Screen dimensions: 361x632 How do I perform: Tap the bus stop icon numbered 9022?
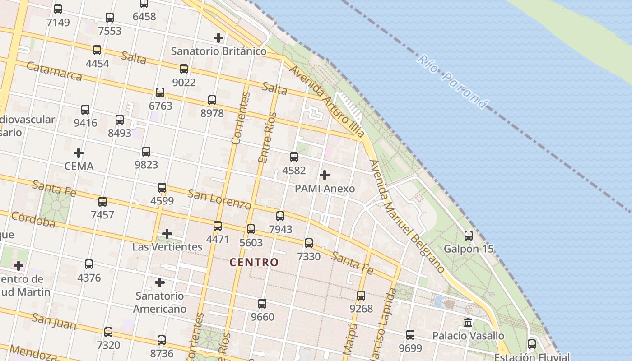[184, 69]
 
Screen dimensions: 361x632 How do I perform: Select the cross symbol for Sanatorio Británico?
[218, 38]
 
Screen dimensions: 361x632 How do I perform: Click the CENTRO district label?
[254, 262]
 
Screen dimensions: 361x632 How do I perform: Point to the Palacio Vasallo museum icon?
[468, 323]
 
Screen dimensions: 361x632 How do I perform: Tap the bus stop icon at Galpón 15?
[469, 235]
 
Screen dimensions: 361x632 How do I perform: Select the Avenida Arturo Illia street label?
[326, 102]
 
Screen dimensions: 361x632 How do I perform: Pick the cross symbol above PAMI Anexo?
[324, 175]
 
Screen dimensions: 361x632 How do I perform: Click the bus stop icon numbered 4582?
[294, 157]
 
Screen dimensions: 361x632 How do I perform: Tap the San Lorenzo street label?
[219, 199]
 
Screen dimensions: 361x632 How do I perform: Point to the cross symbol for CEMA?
[79, 153]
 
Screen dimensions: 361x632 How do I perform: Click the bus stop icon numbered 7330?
[309, 243]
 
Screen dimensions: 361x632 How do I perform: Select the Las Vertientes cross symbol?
[167, 234]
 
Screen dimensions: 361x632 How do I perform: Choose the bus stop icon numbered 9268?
[361, 296]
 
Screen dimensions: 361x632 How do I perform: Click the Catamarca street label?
[54, 71]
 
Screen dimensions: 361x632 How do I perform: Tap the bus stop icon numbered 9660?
[262, 304]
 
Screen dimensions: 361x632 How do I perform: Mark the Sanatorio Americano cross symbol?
[160, 282]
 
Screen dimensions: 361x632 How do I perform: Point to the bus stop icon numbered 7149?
[58, 9]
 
